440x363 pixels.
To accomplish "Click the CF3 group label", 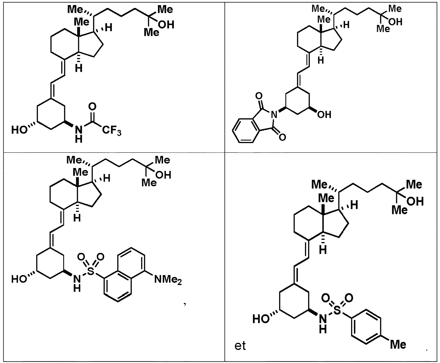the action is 112,131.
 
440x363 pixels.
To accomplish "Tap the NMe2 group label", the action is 168,280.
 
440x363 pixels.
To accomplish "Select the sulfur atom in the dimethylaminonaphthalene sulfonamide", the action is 91,271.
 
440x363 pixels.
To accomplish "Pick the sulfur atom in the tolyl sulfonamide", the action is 337,310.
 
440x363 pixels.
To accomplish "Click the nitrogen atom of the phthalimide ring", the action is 274,114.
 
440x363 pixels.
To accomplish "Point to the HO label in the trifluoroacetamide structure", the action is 19,129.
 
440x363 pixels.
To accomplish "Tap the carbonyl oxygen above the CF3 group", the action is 92,106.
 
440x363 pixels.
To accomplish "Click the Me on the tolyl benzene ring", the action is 398,345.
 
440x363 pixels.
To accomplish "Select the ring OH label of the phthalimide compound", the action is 324,114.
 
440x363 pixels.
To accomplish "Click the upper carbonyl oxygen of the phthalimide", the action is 259,96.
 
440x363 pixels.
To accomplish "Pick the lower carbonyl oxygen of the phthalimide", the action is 282,137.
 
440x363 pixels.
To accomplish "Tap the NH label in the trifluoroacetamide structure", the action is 79,134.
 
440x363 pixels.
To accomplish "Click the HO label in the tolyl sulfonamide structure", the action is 261,319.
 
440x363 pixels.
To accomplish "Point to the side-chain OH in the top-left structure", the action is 166,25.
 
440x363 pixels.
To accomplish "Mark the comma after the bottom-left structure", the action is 185,304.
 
